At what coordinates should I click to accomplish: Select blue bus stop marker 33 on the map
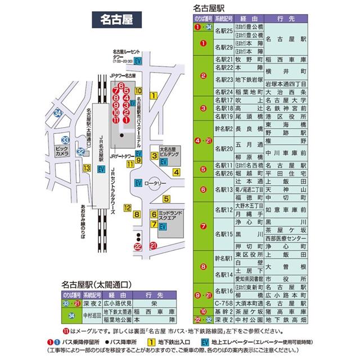(x=66, y=139)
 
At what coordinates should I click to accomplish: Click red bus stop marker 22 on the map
(x=138, y=245)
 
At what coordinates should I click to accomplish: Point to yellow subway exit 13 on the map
(x=87, y=168)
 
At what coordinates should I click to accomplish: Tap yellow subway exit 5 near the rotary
(x=166, y=198)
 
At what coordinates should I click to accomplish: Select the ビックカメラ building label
(x=62, y=152)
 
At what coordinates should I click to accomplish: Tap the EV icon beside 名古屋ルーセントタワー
(x=138, y=61)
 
